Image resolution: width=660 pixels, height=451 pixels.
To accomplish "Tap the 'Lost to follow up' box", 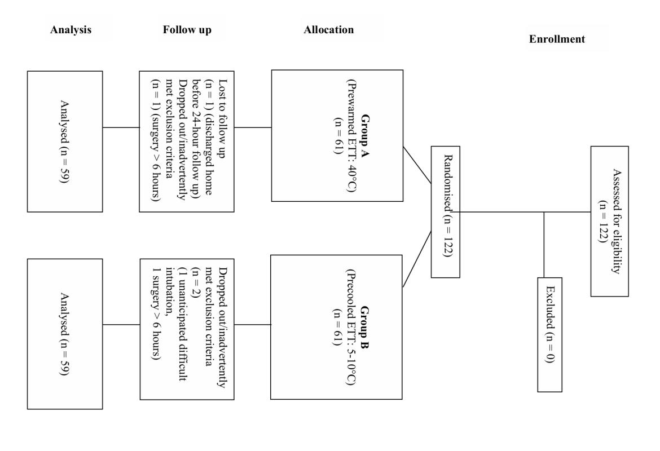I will [x=186, y=141].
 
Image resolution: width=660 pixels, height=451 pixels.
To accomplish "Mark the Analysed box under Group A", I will [x=65, y=141].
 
